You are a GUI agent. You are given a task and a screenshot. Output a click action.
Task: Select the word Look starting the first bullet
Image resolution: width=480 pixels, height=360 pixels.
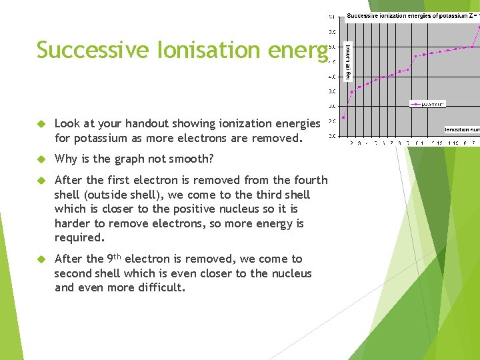(66, 123)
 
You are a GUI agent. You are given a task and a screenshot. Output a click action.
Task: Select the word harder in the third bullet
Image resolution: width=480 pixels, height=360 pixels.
(72, 223)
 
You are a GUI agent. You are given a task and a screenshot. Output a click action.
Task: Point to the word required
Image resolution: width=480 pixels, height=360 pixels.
(79, 238)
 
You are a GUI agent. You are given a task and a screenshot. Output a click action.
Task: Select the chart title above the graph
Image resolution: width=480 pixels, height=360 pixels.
(412, 16)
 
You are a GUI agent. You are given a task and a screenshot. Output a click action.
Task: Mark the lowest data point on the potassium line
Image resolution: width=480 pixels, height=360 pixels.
(343, 118)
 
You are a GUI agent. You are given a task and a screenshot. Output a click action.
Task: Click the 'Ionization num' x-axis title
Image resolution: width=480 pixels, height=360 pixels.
(461, 129)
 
